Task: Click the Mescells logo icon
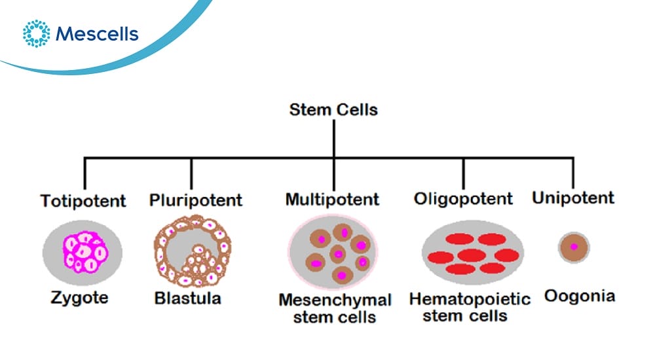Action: point(36,33)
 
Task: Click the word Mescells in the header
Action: point(97,34)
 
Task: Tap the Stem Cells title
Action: point(333,110)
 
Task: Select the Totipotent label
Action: point(83,201)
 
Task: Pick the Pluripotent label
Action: point(195,200)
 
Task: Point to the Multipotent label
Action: point(332,199)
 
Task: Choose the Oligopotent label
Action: point(463,199)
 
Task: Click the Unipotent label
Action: point(573,198)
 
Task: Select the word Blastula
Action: point(187,298)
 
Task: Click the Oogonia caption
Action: point(580,296)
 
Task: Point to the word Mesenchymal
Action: point(335,300)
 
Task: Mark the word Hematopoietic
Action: point(470,299)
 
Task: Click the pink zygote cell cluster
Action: point(86,253)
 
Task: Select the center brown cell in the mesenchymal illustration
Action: point(338,254)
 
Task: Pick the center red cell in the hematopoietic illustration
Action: point(472,255)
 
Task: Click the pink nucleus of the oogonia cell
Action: point(574,247)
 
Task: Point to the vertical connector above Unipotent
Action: point(572,173)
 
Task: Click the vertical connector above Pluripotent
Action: point(191,174)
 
